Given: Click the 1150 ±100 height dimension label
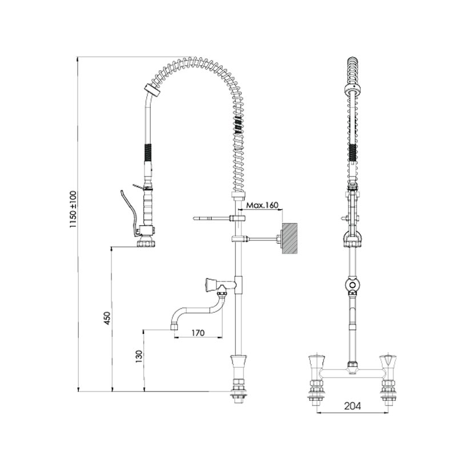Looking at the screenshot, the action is (73, 209).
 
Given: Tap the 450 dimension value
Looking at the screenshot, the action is (107, 319).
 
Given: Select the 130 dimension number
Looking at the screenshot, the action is (139, 356).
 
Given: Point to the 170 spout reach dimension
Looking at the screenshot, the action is (198, 332).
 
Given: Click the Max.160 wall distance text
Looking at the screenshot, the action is (262, 205).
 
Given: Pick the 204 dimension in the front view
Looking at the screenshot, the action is (352, 406).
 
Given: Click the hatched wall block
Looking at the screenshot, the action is (290, 239).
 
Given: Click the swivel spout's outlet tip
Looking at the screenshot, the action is (174, 326).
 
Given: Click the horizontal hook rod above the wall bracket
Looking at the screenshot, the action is (211, 218).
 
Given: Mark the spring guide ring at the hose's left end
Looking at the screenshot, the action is (153, 91).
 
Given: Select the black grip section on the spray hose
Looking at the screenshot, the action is (148, 153).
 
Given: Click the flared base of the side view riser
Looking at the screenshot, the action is (238, 366).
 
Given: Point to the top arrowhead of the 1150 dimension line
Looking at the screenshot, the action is (78, 59).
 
